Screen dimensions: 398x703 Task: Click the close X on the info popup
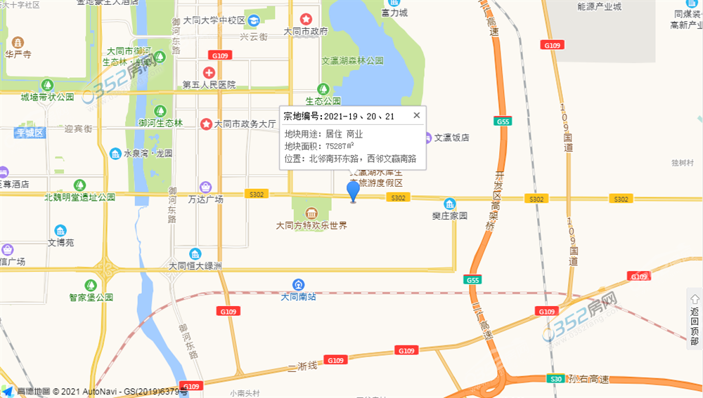pyautogui.click(x=416, y=115)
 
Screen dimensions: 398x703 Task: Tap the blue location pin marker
pyautogui.click(x=354, y=190)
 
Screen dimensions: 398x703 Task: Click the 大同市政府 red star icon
pyautogui.click(x=306, y=19)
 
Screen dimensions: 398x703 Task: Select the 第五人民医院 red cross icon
pyautogui.click(x=209, y=72)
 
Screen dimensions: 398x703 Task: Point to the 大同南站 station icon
pyautogui.click(x=299, y=284)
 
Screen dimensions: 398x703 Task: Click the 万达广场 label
pyautogui.click(x=205, y=199)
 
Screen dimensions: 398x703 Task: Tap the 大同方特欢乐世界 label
pyautogui.click(x=311, y=225)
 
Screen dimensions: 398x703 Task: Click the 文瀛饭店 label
pyautogui.click(x=451, y=138)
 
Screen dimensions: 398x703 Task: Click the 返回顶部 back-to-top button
pyautogui.click(x=694, y=317)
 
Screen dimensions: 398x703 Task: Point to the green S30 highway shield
pyautogui.click(x=556, y=379)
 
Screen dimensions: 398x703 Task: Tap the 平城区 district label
pyautogui.click(x=30, y=133)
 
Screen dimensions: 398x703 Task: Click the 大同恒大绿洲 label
pyautogui.click(x=195, y=266)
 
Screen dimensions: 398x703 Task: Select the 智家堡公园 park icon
pyautogui.click(x=91, y=285)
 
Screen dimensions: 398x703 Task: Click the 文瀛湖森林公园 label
pyautogui.click(x=353, y=61)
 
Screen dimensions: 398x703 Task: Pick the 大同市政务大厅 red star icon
pyautogui.click(x=206, y=124)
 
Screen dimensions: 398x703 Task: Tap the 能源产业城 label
pyautogui.click(x=599, y=7)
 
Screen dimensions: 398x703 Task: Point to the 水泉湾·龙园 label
pyautogui.click(x=148, y=154)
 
